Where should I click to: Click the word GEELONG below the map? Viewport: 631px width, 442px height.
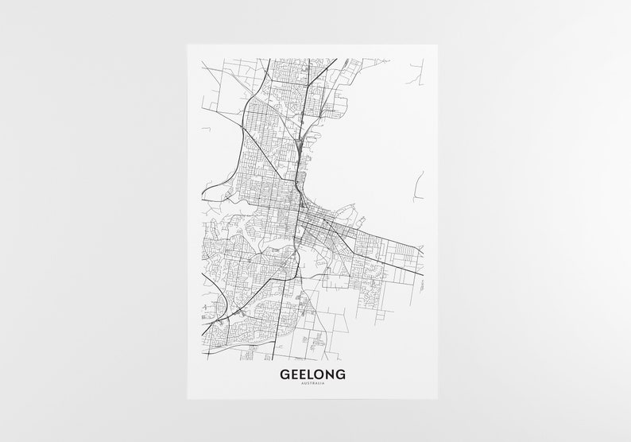pos(312,374)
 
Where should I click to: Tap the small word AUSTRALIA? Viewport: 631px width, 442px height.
pos(312,386)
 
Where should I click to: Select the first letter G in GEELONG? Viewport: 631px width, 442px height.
pos(285,374)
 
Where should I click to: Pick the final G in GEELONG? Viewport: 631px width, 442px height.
pos(340,374)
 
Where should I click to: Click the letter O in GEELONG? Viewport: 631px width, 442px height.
pos(318,374)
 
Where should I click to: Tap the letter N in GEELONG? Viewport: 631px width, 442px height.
pos(329,374)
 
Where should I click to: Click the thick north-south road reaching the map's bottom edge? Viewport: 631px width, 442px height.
pos(277,342)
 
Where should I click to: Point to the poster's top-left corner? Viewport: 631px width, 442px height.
pos(188,45)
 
